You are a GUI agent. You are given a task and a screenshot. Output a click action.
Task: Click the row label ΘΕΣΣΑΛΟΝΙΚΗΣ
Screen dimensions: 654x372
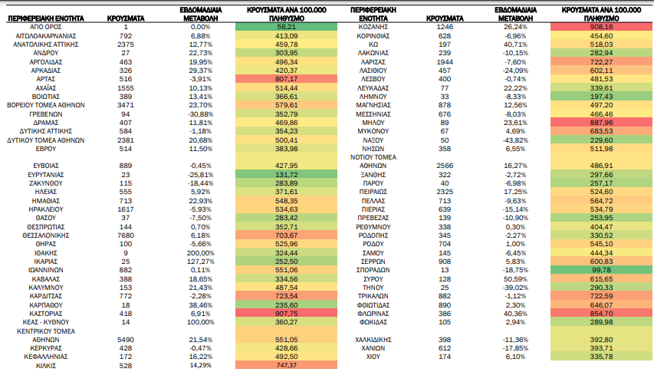coord(46,235)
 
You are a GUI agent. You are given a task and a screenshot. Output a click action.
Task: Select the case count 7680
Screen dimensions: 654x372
coord(126,235)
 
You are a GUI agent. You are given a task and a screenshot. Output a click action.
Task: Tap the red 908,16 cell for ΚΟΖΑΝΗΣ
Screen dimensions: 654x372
coord(601,27)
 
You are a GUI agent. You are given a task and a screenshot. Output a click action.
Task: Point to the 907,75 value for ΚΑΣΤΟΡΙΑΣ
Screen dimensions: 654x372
coord(286,314)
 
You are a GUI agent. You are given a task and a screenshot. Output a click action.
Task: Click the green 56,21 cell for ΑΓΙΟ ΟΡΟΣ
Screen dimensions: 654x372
coord(286,27)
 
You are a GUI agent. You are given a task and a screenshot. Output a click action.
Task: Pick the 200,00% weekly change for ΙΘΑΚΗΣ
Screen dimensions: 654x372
coord(201,253)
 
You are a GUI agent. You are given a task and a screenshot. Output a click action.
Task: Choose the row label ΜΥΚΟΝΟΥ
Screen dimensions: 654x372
coord(373,131)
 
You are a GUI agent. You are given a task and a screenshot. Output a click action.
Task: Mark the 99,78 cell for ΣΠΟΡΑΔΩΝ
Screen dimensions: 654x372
coord(601,270)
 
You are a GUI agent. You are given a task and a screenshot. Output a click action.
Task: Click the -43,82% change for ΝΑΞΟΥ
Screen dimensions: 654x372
coord(515,140)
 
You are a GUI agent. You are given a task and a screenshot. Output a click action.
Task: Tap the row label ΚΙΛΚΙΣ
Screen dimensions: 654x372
coord(46,366)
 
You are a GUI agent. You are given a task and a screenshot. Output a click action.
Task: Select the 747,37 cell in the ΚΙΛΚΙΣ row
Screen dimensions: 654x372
coord(286,365)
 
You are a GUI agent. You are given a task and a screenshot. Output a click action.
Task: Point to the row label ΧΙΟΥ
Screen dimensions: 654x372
coord(373,357)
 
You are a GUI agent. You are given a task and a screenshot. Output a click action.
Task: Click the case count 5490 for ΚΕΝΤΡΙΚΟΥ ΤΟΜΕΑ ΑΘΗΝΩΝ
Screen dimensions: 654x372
coord(126,340)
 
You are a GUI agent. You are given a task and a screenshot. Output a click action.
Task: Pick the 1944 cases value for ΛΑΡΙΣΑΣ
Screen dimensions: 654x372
coord(445,62)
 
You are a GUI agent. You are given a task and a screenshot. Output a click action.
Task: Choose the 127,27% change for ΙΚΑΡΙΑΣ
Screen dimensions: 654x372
coord(201,262)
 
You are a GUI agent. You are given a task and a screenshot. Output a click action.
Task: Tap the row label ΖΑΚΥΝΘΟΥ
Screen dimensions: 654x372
coord(46,183)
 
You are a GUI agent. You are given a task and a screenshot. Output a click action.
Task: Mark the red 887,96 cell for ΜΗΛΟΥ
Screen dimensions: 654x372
coord(601,123)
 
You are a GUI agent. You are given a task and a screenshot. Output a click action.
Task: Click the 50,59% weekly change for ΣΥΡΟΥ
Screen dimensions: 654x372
coord(515,279)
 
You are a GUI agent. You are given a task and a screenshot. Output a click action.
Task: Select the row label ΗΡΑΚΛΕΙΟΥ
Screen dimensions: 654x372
coord(46,209)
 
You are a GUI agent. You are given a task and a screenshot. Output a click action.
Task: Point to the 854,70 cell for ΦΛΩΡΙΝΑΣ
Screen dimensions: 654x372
coord(601,314)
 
